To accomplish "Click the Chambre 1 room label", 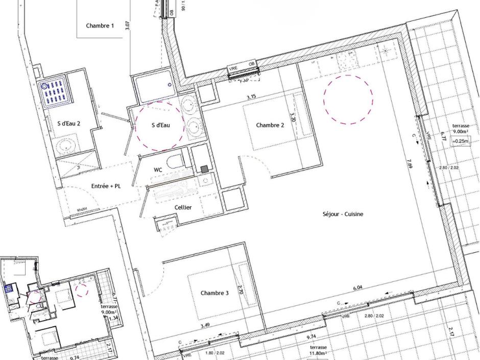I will click(x=100, y=26).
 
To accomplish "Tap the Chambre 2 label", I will click(x=270, y=125).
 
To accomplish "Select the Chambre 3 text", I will click(x=214, y=293).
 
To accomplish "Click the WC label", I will click(x=158, y=170).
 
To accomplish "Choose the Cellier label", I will click(x=183, y=207).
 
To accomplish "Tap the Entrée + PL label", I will click(x=106, y=186).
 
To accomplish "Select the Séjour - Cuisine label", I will click(x=343, y=214).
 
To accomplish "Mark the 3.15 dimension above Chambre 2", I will click(x=251, y=97).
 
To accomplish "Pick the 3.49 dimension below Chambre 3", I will click(x=205, y=325).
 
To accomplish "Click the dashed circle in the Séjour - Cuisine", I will click(x=348, y=99).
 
